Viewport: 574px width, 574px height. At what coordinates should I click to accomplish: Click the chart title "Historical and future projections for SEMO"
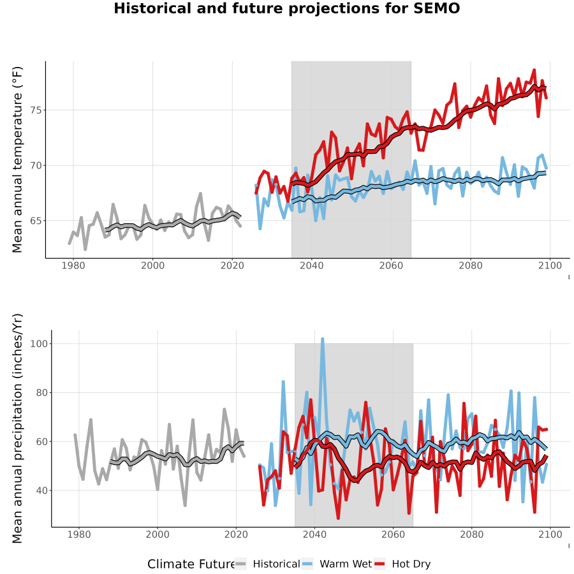(x=286, y=8)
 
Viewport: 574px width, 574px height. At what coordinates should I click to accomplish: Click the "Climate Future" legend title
(x=191, y=564)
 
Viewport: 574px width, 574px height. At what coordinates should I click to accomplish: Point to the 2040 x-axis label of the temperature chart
(x=311, y=265)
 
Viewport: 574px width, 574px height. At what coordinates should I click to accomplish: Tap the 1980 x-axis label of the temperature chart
(x=73, y=265)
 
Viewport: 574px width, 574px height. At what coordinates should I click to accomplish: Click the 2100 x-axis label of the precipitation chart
(x=550, y=534)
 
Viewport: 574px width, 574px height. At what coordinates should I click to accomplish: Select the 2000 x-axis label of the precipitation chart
(x=158, y=534)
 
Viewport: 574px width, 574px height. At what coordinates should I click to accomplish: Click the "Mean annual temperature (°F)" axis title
(x=17, y=159)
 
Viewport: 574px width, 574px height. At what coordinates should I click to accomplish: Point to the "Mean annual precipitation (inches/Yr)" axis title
(x=17, y=429)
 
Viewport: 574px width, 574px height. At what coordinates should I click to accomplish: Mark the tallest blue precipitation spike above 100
(x=323, y=339)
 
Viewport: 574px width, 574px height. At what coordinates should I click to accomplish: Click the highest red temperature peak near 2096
(x=534, y=70)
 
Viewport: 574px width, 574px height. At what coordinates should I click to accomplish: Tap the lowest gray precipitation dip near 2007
(x=185, y=506)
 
